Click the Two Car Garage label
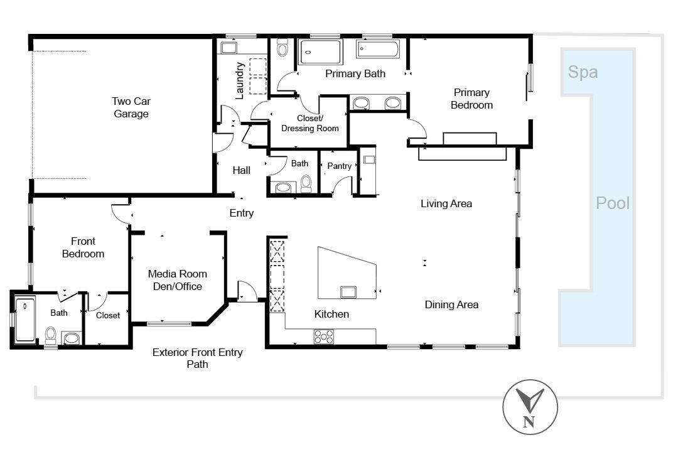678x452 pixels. pyautogui.click(x=131, y=107)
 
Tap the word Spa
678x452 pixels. pyautogui.click(x=583, y=72)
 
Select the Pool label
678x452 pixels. pyautogui.click(x=613, y=203)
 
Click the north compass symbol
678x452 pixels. pyautogui.click(x=530, y=407)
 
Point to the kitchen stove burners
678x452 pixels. pyautogui.click(x=324, y=336)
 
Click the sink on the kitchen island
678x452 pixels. pyautogui.click(x=348, y=292)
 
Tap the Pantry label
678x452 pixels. pyautogui.click(x=340, y=166)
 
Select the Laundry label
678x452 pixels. pyautogui.click(x=239, y=80)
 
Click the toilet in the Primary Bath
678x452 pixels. pyautogui.click(x=282, y=48)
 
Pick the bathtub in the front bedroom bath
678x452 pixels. pyautogui.click(x=25, y=320)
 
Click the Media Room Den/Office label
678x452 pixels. pyautogui.click(x=177, y=280)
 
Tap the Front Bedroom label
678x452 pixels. pyautogui.click(x=83, y=247)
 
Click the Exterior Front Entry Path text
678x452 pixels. pyautogui.click(x=197, y=358)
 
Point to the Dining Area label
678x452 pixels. pyautogui.click(x=451, y=304)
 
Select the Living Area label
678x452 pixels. pyautogui.click(x=446, y=203)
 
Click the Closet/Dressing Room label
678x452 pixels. pyautogui.click(x=310, y=123)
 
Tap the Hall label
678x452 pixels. pyautogui.click(x=241, y=170)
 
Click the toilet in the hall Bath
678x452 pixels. pyautogui.click(x=306, y=183)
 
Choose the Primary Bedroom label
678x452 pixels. pyautogui.click(x=471, y=99)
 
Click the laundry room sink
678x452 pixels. pyautogui.click(x=229, y=48)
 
